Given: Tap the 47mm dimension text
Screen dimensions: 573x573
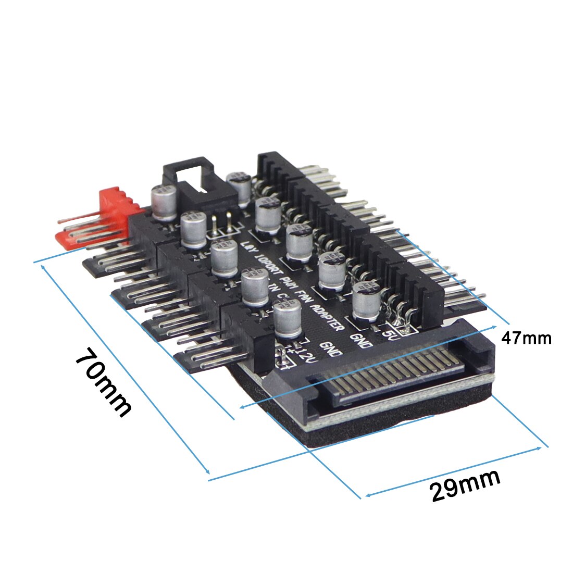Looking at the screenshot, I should [526, 338].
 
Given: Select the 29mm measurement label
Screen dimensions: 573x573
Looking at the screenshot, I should [465, 485].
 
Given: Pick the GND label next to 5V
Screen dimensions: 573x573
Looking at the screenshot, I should [363, 339].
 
